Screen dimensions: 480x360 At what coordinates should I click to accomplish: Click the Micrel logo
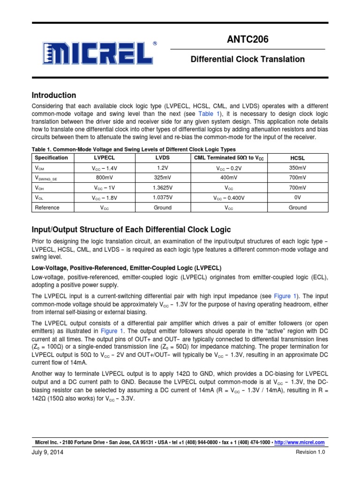pyautogui.click(x=99, y=53)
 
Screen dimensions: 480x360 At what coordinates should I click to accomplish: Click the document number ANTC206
pyautogui.click(x=247, y=40)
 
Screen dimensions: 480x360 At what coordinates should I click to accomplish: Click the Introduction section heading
pyautogui.click(x=53, y=95)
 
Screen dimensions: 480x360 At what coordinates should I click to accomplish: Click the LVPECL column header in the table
pyautogui.click(x=105, y=158)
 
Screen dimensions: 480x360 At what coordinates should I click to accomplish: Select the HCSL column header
pyautogui.click(x=298, y=158)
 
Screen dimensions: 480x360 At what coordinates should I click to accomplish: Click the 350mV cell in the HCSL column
pyautogui.click(x=298, y=167)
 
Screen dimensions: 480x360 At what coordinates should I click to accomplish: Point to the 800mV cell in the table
pyautogui.click(x=105, y=178)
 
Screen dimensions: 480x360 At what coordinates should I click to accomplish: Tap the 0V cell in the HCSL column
pyautogui.click(x=298, y=197)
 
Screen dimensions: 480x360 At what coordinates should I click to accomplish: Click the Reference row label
pyautogui.click(x=47, y=207)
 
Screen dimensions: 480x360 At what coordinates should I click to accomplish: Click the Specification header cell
pyautogui.click(x=52, y=158)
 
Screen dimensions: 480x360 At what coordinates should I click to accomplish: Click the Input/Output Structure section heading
pyautogui.click(x=131, y=229)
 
